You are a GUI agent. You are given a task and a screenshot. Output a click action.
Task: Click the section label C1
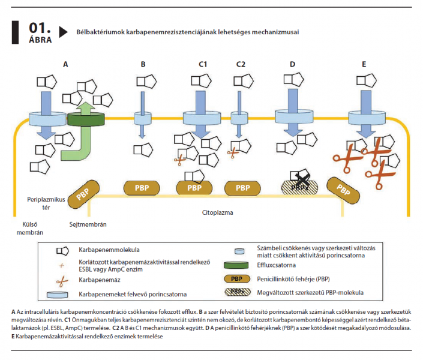pos(203,64)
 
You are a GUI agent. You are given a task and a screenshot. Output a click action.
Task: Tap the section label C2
pos(241,64)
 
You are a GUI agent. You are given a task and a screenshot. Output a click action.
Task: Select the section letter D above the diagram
pos(292,64)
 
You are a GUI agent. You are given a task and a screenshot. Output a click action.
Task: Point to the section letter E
pos(364,64)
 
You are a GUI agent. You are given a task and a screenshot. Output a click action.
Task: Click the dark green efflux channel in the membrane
pos(86,119)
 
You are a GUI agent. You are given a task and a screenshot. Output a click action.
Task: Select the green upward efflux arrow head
pos(86,107)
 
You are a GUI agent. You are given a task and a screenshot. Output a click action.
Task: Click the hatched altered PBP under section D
pos(299,187)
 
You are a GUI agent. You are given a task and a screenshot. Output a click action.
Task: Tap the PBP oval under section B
pos(142,188)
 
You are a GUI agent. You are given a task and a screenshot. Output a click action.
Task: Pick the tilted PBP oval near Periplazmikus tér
pos(83,194)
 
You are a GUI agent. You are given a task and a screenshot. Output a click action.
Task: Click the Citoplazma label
pos(217,212)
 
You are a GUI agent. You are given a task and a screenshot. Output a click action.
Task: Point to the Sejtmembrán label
pos(88,224)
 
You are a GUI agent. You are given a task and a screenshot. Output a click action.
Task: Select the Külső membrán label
pos(29,229)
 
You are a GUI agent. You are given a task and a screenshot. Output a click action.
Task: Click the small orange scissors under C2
pos(233,153)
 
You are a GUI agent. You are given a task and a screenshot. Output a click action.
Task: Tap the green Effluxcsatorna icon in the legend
pos(236,265)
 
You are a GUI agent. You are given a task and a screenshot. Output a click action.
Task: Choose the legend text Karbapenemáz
pos(99,280)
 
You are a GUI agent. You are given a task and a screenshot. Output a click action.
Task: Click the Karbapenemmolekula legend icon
pos(62,251)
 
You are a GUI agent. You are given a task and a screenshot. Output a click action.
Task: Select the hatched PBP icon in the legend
pos(238,292)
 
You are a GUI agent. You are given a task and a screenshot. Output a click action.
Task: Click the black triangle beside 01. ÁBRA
pos(63,32)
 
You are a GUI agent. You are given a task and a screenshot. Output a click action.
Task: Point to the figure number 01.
pos(40,28)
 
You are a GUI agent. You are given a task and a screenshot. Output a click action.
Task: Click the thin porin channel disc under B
pos(143,119)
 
